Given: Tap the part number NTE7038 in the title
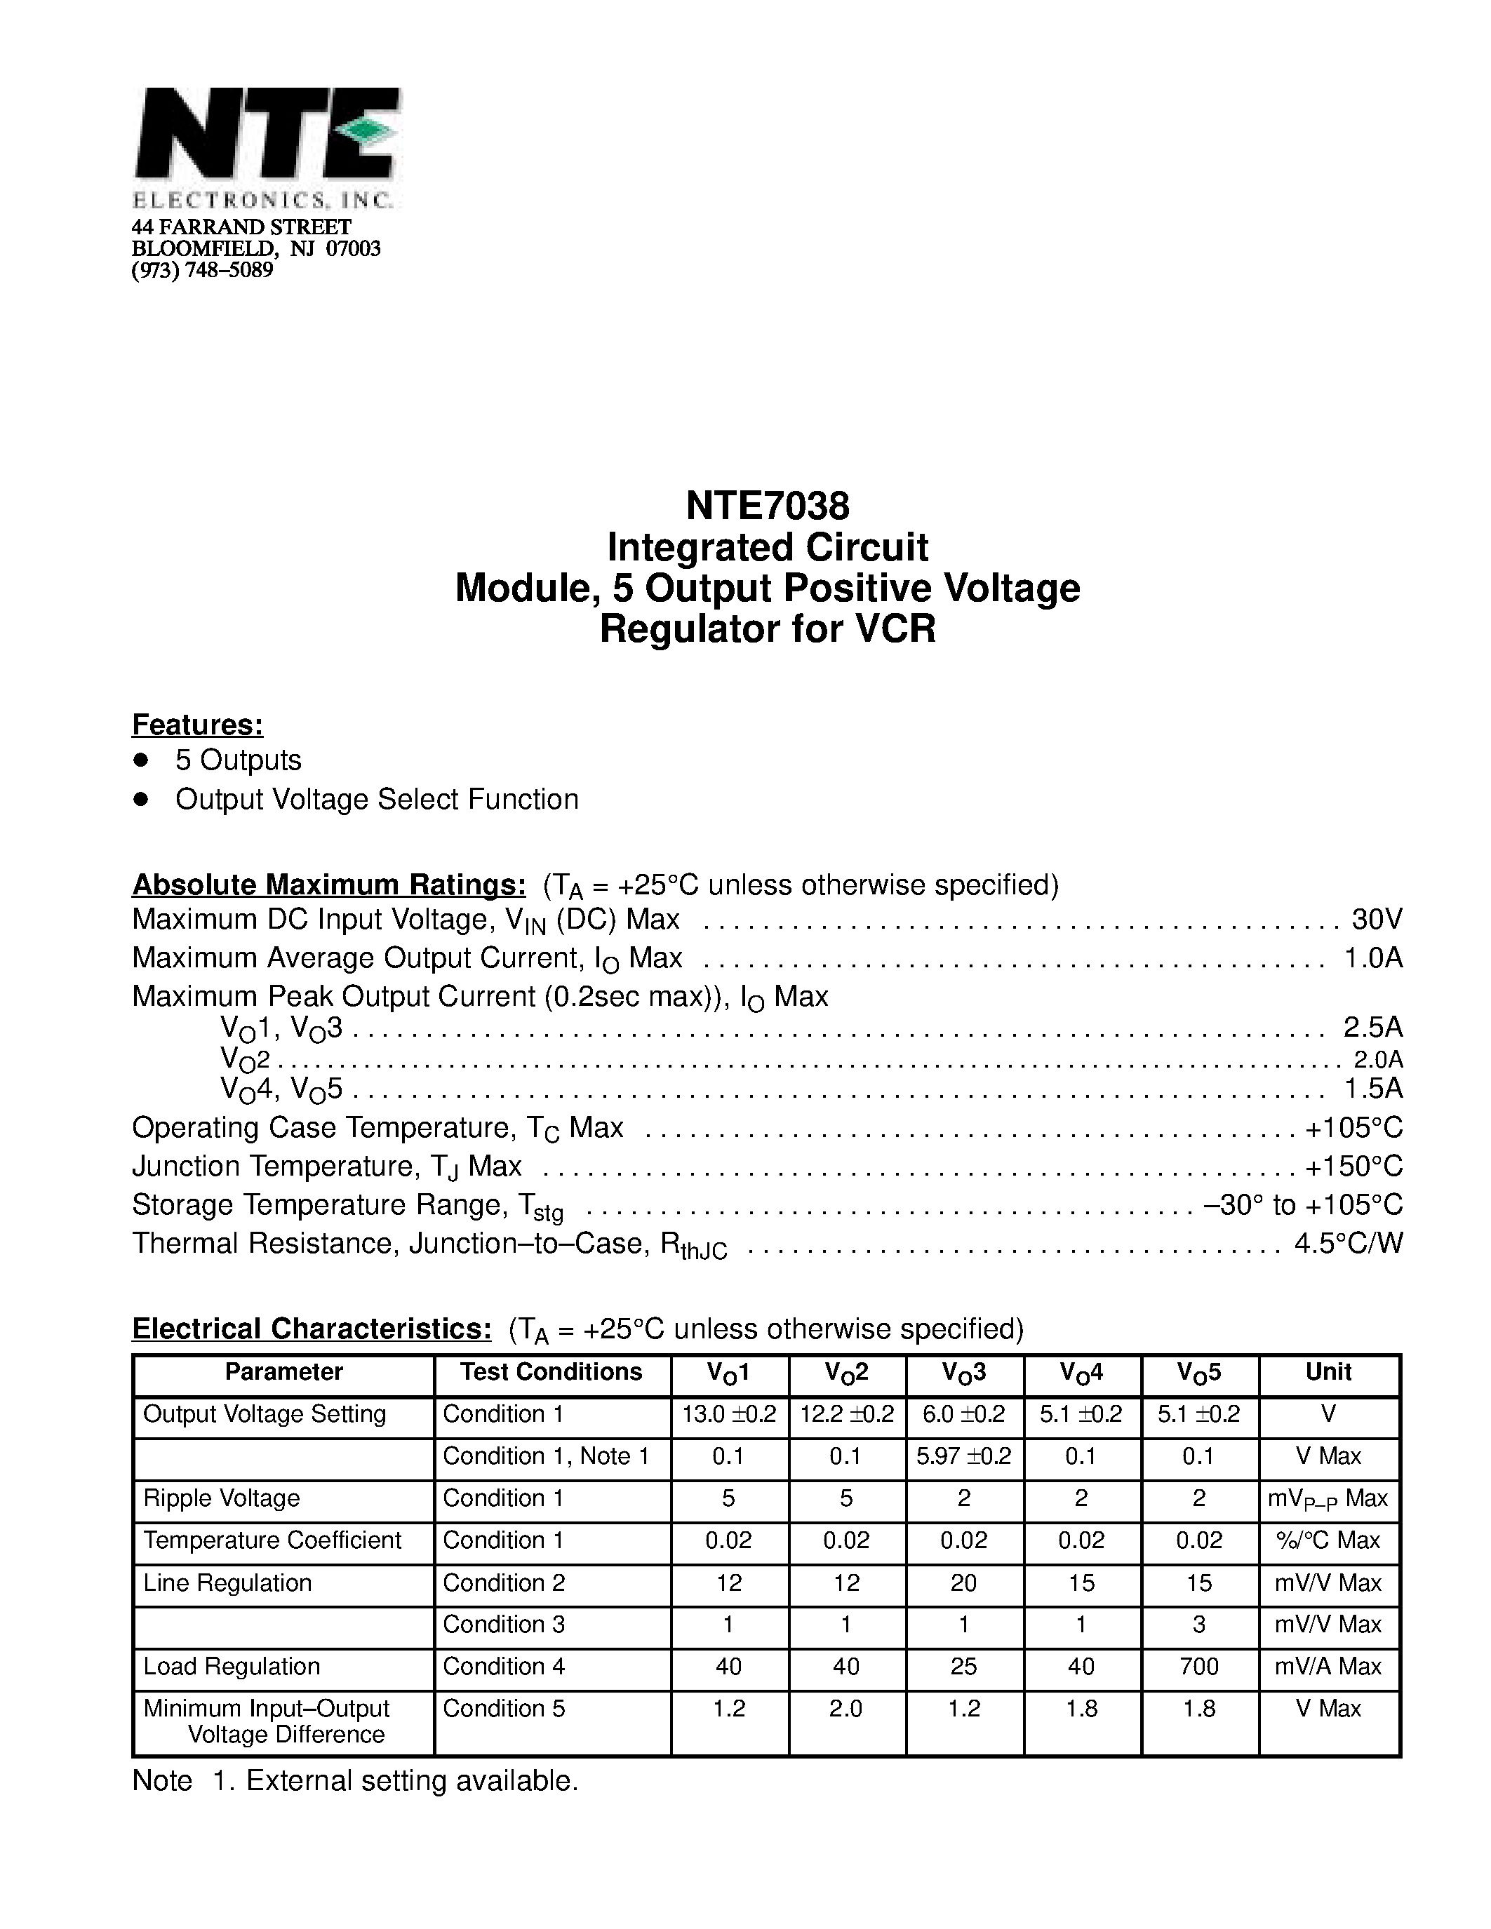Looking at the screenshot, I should pyautogui.click(x=767, y=506).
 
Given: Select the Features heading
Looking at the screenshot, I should pyautogui.click(x=197, y=725).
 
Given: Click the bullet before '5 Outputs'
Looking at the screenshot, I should pyautogui.click(x=140, y=760).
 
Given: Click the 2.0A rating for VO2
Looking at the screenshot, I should pyautogui.click(x=1378, y=1059).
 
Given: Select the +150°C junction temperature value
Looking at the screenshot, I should pyautogui.click(x=1353, y=1166).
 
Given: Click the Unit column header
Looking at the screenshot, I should pyautogui.click(x=1328, y=1371).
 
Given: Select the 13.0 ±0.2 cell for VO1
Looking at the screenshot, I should pyautogui.click(x=729, y=1414).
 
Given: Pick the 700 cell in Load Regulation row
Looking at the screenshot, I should pyautogui.click(x=1198, y=1666).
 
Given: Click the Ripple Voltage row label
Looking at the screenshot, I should pyautogui.click(x=222, y=1498).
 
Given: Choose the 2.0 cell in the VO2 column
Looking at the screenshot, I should pyautogui.click(x=845, y=1708).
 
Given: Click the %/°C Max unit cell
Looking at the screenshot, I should pyautogui.click(x=1328, y=1540).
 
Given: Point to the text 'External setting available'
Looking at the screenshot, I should pyautogui.click(x=412, y=1780).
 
